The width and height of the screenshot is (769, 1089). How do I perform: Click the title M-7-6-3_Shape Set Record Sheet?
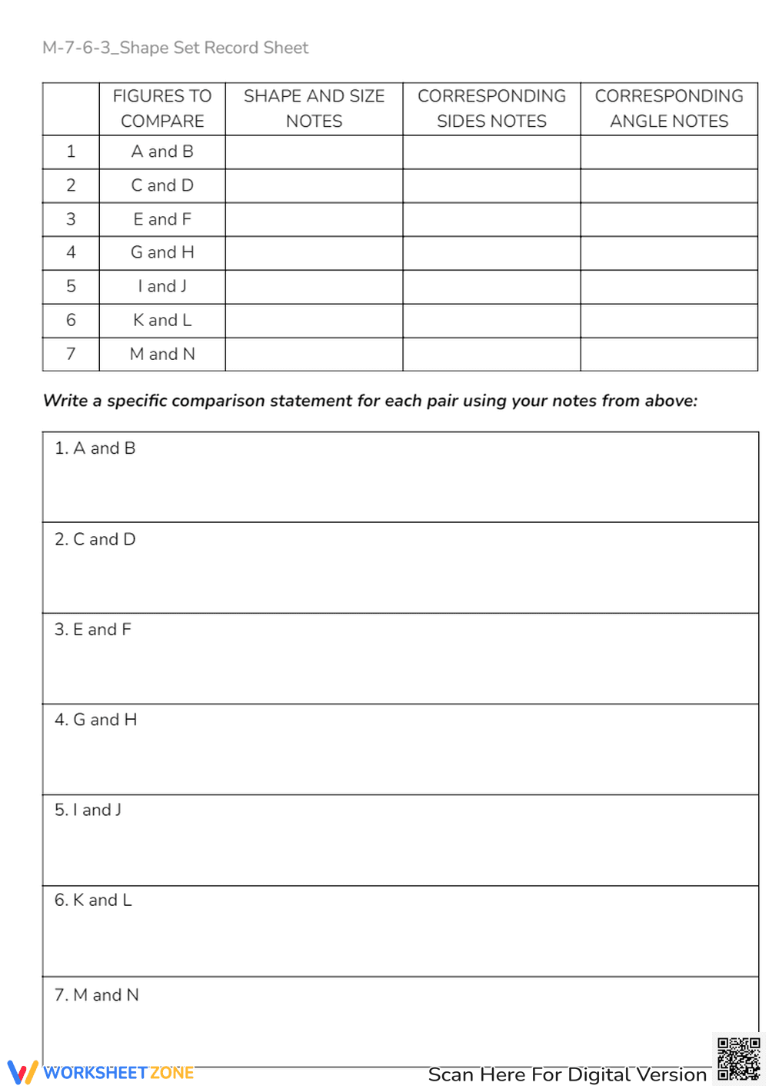(175, 48)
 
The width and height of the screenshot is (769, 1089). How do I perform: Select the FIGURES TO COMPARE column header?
(162, 108)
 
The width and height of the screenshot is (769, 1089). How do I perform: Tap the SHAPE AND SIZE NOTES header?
(314, 108)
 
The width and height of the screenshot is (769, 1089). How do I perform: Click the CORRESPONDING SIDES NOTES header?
(491, 108)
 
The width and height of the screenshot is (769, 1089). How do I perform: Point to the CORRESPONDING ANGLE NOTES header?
(669, 108)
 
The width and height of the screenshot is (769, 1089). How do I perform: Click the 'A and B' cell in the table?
(162, 152)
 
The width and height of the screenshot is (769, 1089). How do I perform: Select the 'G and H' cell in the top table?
(162, 252)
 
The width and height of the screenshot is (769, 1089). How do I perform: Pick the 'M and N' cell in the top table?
(162, 354)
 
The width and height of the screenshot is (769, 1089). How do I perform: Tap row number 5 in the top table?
(71, 286)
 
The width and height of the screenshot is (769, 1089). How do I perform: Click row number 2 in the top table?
(71, 185)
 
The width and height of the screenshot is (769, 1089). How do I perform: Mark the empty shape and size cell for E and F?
(314, 219)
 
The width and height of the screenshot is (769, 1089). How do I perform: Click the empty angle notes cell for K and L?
(669, 320)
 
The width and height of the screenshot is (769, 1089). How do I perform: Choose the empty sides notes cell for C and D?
(491, 185)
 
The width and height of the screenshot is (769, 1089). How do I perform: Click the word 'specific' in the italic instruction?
(137, 401)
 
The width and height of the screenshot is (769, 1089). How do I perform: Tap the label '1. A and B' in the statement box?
(95, 448)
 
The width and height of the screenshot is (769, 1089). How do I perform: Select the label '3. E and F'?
(93, 630)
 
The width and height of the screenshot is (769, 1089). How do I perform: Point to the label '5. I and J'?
(88, 810)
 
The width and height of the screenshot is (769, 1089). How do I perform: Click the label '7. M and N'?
(97, 995)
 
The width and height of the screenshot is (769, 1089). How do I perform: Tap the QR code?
(738, 1059)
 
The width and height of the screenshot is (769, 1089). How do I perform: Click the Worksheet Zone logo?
(100, 1072)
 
